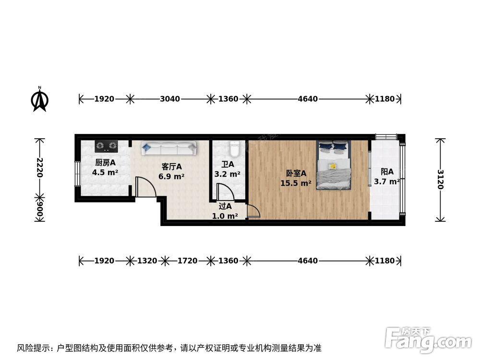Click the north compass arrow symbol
pos(40,99)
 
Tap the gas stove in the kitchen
pos(107,144)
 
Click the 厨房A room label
pos(105,163)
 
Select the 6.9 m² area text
pos(171,176)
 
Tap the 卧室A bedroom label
pos(296,173)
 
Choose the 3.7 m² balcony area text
pos(387,181)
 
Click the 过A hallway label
pos(225,206)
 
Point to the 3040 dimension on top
pos(170,99)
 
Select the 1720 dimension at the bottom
pos(187,261)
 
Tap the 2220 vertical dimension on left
pos(40,168)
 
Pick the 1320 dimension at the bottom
pos(147,261)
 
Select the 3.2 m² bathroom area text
pos(227,174)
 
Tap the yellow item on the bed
pos(332,166)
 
